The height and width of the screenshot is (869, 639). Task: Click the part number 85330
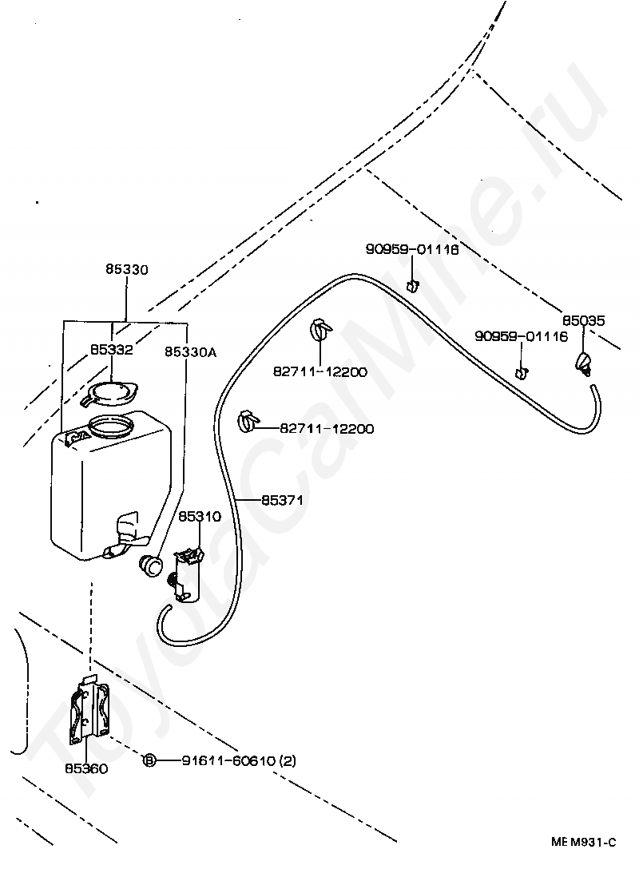click(x=126, y=271)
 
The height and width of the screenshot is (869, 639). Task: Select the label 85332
click(x=111, y=350)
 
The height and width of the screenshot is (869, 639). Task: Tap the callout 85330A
click(x=190, y=351)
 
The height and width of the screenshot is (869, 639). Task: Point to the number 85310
click(x=199, y=517)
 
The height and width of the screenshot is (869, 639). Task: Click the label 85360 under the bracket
click(x=86, y=768)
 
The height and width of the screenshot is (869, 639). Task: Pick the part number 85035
click(x=583, y=321)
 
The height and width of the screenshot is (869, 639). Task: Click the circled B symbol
click(x=149, y=761)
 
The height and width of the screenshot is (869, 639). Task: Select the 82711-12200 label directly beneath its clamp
click(x=319, y=372)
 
